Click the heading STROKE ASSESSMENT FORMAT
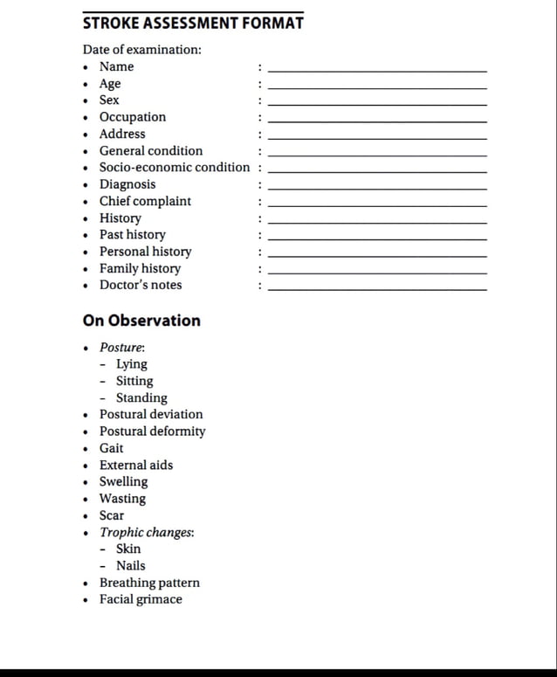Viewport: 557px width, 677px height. (193, 24)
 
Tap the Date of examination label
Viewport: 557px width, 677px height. (142, 49)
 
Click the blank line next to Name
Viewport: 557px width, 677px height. (377, 70)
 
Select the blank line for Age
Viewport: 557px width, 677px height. (377, 87)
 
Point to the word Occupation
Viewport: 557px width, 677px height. (133, 117)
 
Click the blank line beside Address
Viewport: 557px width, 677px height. (377, 138)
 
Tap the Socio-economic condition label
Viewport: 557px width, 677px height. (175, 167)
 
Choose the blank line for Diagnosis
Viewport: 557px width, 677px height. (377, 189)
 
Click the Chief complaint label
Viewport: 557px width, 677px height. (145, 201)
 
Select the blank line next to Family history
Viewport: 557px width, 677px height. (377, 273)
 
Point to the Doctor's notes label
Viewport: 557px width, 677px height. (141, 285)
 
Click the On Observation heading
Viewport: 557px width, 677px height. (141, 321)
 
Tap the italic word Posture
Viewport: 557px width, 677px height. (122, 348)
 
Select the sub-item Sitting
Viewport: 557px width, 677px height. (134, 381)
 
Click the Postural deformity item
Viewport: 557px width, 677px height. (153, 432)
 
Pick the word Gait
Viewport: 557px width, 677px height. (112, 448)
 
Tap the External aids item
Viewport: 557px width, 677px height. (136, 465)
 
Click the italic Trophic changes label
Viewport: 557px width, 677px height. (147, 532)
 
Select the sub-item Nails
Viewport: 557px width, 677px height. (131, 565)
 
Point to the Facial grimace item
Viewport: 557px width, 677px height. (141, 599)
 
